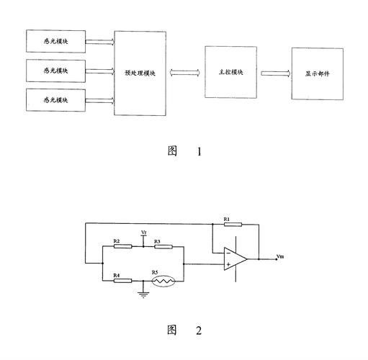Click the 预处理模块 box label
pos(140,73)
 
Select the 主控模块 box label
pos(230,72)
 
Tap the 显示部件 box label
pos(318,73)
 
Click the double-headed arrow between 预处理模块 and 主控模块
pos(185,73)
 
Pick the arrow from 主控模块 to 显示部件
pos(276,73)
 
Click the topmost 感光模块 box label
pos(55,41)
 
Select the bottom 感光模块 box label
pos(55,100)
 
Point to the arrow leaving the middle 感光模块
pos(100,71)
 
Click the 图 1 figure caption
pos(184,151)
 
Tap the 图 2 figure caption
pos(184,330)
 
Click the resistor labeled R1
pos(233,225)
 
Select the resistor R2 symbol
pos(122,246)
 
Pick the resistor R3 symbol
pos(163,246)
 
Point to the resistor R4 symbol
pos(122,281)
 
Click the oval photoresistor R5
pos(163,281)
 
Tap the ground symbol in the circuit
pos(143,295)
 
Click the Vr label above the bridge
pos(144,233)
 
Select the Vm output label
pos(280,256)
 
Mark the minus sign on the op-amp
pos(228,253)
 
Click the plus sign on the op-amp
pos(228,264)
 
